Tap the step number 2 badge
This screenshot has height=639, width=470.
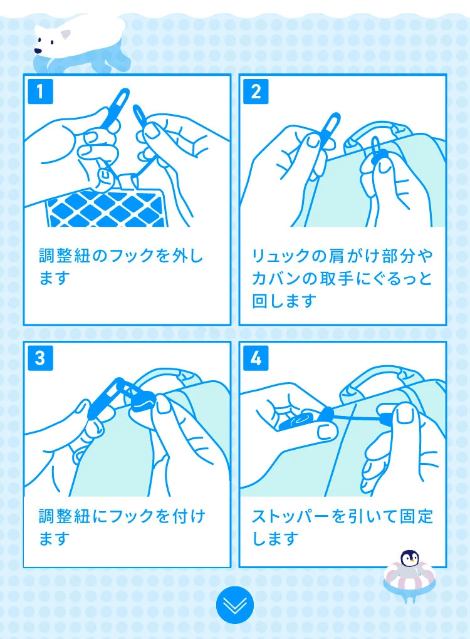(256, 91)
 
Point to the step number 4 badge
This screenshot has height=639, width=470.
(256, 358)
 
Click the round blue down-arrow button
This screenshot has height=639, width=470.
(234, 606)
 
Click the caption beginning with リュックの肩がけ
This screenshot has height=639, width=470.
(342, 278)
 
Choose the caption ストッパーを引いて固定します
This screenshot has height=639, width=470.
(342, 527)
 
